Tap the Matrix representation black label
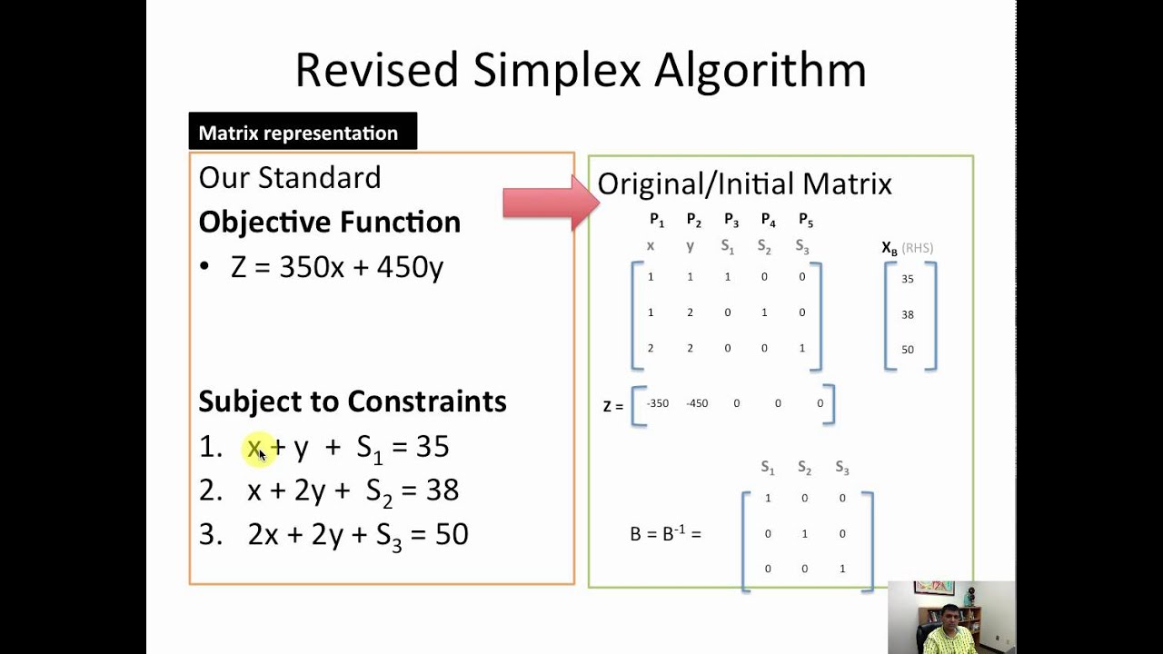(x=298, y=133)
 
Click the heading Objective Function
(x=329, y=222)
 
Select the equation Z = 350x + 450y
(x=337, y=267)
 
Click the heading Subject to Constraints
(x=352, y=401)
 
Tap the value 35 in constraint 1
(x=432, y=446)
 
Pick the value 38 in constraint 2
(x=442, y=490)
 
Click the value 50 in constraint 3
(x=452, y=534)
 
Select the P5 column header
(x=805, y=220)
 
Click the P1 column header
(x=656, y=220)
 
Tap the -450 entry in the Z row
(x=697, y=403)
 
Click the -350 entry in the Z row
(x=657, y=403)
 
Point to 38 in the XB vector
(x=908, y=314)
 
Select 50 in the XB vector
(x=908, y=350)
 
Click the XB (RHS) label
(x=907, y=248)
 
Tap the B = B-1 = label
(x=665, y=534)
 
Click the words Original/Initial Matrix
(x=744, y=184)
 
